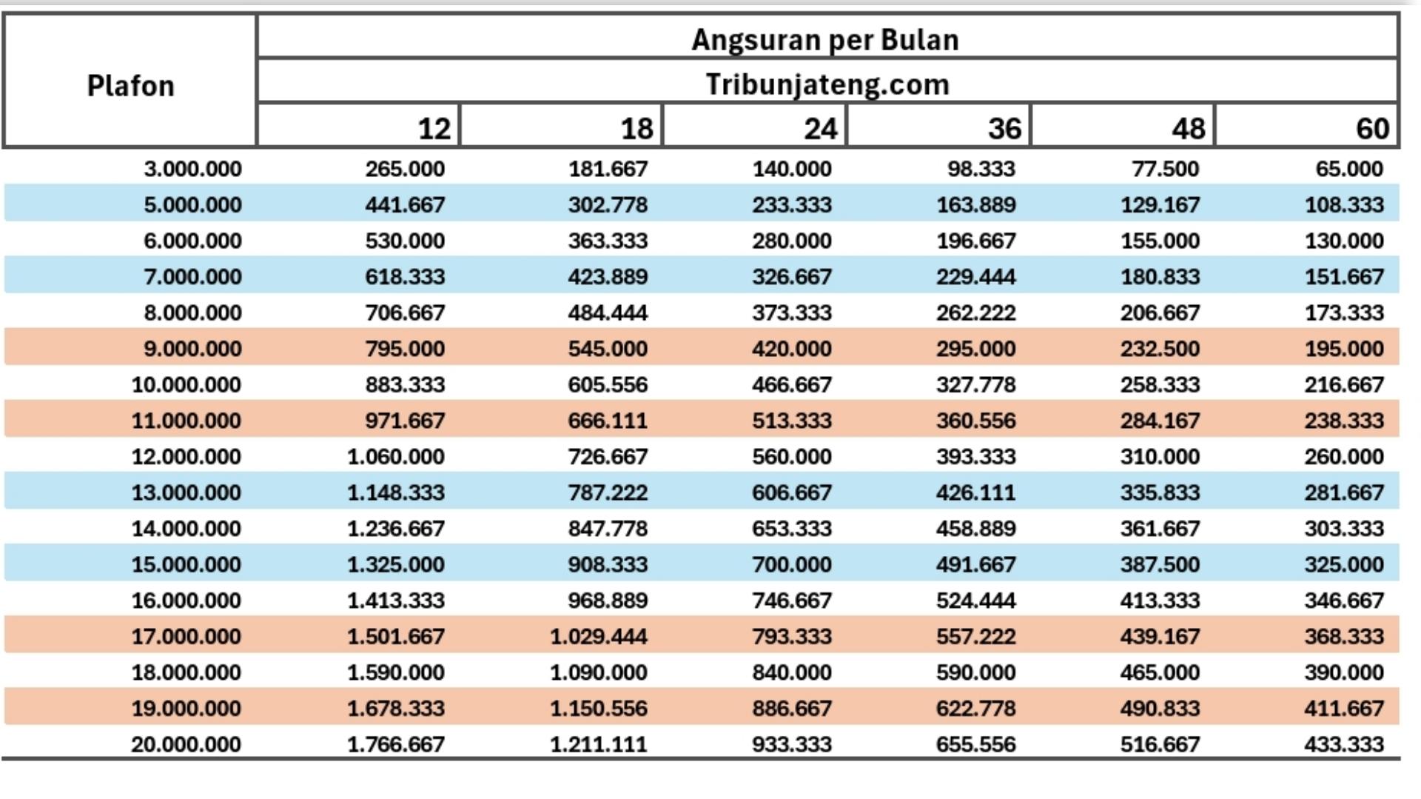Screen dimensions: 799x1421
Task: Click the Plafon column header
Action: coord(130,86)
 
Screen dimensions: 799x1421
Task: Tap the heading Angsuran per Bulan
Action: coord(825,39)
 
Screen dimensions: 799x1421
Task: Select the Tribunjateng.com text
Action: coord(827,84)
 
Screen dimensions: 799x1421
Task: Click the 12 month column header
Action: coord(434,129)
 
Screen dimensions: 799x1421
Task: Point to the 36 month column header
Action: coord(1004,129)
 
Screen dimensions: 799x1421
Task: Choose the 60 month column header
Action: coord(1371,129)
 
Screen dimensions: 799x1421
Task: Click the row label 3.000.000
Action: coord(192,169)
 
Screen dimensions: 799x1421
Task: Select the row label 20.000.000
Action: coord(186,744)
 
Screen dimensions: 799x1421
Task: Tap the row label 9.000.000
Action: coord(192,349)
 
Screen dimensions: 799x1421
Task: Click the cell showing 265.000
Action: coord(405,169)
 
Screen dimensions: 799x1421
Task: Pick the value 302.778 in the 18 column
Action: coord(608,205)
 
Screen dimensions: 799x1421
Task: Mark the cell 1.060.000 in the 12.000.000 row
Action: coord(396,457)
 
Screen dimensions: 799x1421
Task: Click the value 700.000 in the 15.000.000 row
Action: coord(791,564)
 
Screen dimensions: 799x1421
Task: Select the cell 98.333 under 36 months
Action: coord(981,169)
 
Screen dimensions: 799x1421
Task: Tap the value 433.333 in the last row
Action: coord(1343,744)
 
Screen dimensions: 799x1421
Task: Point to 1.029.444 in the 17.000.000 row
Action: coord(598,636)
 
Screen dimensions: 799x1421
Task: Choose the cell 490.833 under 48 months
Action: coord(1159,709)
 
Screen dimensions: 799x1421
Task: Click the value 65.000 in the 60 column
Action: coord(1348,169)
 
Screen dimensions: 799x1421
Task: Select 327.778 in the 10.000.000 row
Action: coord(975,385)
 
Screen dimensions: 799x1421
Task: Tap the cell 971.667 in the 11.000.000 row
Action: coord(405,421)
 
